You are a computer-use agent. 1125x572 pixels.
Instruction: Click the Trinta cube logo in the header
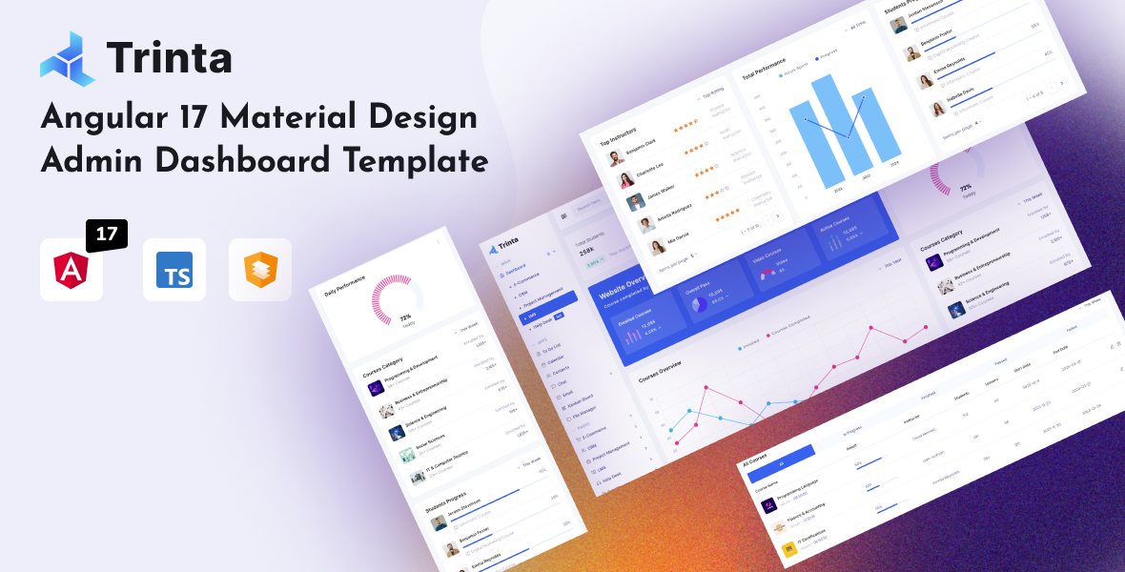tap(67, 57)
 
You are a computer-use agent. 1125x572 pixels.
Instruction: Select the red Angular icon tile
tap(72, 271)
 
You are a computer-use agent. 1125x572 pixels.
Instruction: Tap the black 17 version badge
tap(106, 235)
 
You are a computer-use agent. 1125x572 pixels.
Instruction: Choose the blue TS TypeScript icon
tap(174, 271)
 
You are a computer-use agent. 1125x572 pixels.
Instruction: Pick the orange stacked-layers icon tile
tap(259, 271)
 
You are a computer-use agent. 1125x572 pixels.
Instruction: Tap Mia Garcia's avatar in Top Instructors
tap(657, 248)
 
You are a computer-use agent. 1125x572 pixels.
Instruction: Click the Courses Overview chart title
tap(659, 370)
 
